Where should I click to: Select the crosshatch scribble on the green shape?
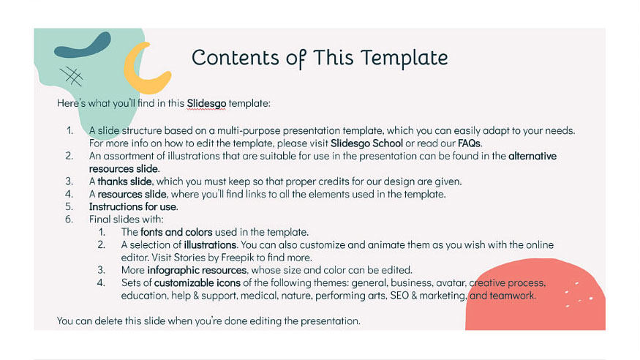point(71,75)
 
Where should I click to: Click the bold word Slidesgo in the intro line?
point(206,103)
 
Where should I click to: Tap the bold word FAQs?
point(470,143)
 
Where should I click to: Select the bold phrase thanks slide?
point(124,181)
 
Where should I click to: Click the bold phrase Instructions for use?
point(133,206)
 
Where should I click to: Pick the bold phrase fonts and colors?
point(178,232)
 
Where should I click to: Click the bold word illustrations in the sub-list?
point(210,244)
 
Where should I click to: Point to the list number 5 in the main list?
point(69,206)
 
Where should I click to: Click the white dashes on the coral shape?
point(578,293)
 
